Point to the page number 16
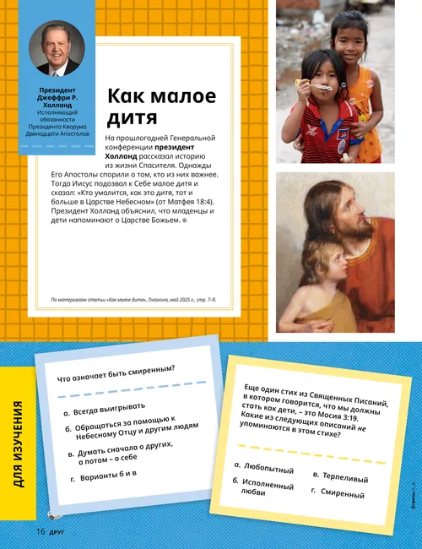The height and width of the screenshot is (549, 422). [x=40, y=531]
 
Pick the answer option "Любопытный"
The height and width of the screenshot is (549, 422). [x=264, y=466]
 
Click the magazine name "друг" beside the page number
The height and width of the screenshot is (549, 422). [x=57, y=532]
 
